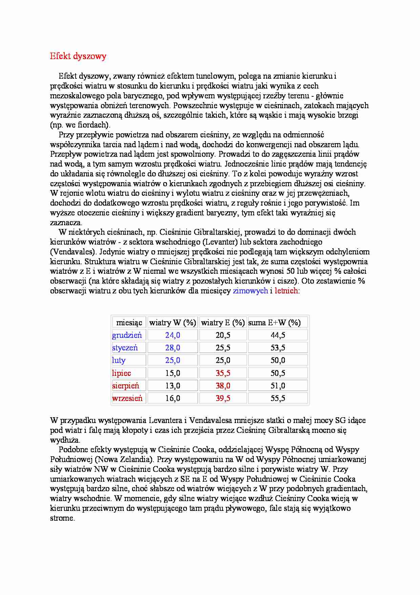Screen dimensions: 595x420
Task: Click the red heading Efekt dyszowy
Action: [x=78, y=56]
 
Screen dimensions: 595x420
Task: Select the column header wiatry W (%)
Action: [x=173, y=323]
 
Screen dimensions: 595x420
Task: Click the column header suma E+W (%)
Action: [x=274, y=323]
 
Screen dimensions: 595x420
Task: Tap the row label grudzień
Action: [x=127, y=335]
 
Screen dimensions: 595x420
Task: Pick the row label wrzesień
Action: [x=127, y=398]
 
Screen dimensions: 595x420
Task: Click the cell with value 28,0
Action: [x=173, y=348]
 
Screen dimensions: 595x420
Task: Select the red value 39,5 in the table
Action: [x=223, y=398]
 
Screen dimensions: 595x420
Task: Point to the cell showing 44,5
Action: [x=278, y=335]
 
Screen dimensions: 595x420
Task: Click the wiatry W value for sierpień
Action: [x=173, y=386]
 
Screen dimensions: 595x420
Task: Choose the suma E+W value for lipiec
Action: [x=278, y=373]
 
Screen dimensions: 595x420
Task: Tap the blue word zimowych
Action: [x=250, y=291]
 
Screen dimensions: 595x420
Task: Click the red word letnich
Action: [x=286, y=291]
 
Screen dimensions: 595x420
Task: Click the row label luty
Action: [x=119, y=360]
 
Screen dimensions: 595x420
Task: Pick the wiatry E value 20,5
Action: [x=223, y=335]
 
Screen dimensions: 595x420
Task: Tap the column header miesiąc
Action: [x=129, y=323]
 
